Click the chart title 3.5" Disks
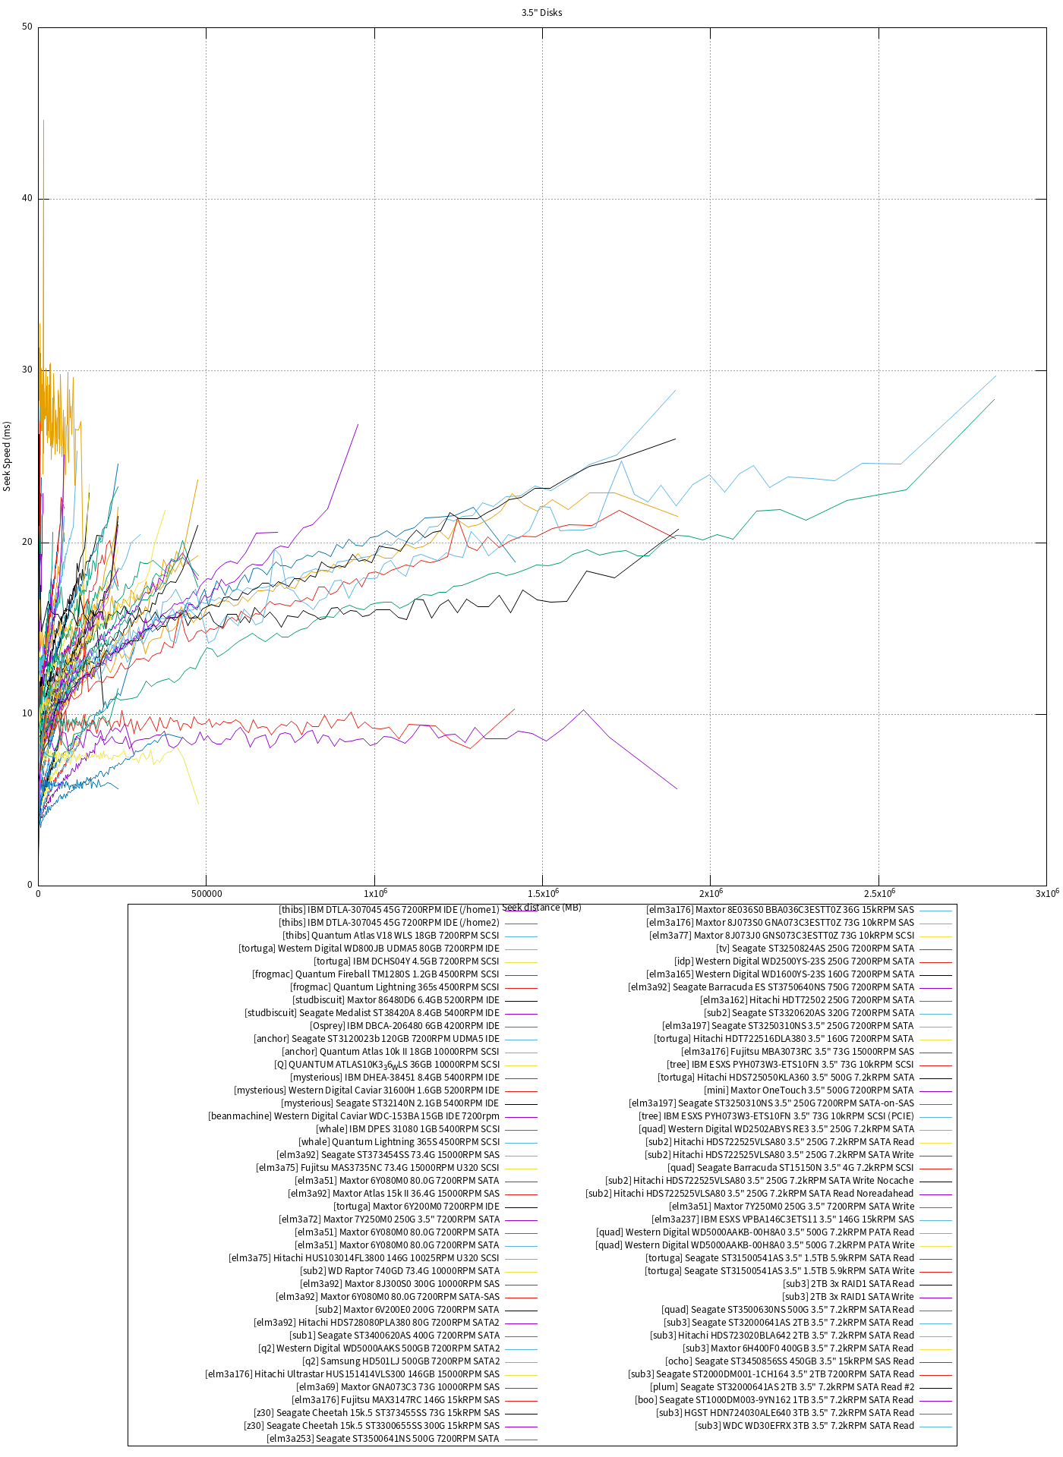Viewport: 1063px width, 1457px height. pos(541,13)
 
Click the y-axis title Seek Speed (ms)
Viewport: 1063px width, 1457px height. pos(7,456)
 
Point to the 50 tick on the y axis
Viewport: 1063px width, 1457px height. pos(27,27)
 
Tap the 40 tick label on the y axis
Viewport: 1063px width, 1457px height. pos(27,199)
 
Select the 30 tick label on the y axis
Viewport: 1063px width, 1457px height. pos(27,370)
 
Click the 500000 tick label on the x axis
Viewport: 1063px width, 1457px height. pos(207,894)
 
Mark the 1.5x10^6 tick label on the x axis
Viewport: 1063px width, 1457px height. pos(542,894)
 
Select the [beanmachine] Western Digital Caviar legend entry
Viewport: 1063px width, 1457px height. pos(354,1116)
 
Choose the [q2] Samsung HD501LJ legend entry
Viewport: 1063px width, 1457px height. pos(401,1361)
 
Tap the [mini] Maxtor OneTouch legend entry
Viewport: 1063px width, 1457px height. pos(809,1090)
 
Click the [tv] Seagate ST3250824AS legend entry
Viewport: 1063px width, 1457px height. pos(815,949)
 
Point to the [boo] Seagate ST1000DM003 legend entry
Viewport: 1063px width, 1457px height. pos(774,1400)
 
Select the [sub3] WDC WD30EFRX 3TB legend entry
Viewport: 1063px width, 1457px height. pos(804,1426)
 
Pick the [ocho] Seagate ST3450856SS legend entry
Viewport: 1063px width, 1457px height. pos(789,1361)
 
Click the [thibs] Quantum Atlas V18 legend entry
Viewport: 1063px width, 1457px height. pos(391,936)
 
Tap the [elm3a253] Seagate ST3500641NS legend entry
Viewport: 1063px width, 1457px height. pos(383,1439)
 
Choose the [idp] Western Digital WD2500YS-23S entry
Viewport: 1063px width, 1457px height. pos(794,961)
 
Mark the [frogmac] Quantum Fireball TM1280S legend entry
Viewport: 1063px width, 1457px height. pos(376,974)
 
